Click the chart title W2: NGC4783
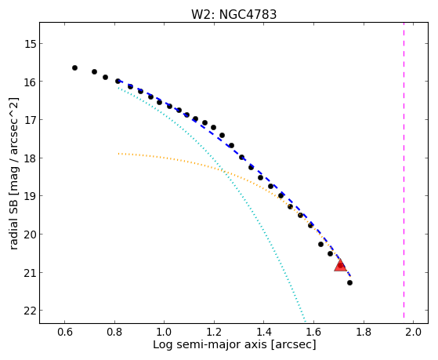(x=233, y=14)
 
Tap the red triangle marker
(x=340, y=265)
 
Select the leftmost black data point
(x=74, y=67)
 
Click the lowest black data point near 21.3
(x=349, y=283)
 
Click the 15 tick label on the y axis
(x=30, y=44)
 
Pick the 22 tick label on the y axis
(x=30, y=311)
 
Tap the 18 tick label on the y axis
(x=30, y=158)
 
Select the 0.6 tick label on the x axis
(x=64, y=332)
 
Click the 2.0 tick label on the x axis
(x=413, y=332)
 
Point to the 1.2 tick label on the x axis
(x=214, y=332)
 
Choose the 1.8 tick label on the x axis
(x=363, y=332)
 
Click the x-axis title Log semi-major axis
(x=209, y=344)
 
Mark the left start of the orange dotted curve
(x=119, y=154)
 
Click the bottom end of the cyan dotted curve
(x=306, y=322)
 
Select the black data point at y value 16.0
(x=118, y=81)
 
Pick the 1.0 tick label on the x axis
(x=164, y=332)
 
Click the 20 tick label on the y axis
(x=30, y=235)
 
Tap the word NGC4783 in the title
(x=248, y=14)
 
